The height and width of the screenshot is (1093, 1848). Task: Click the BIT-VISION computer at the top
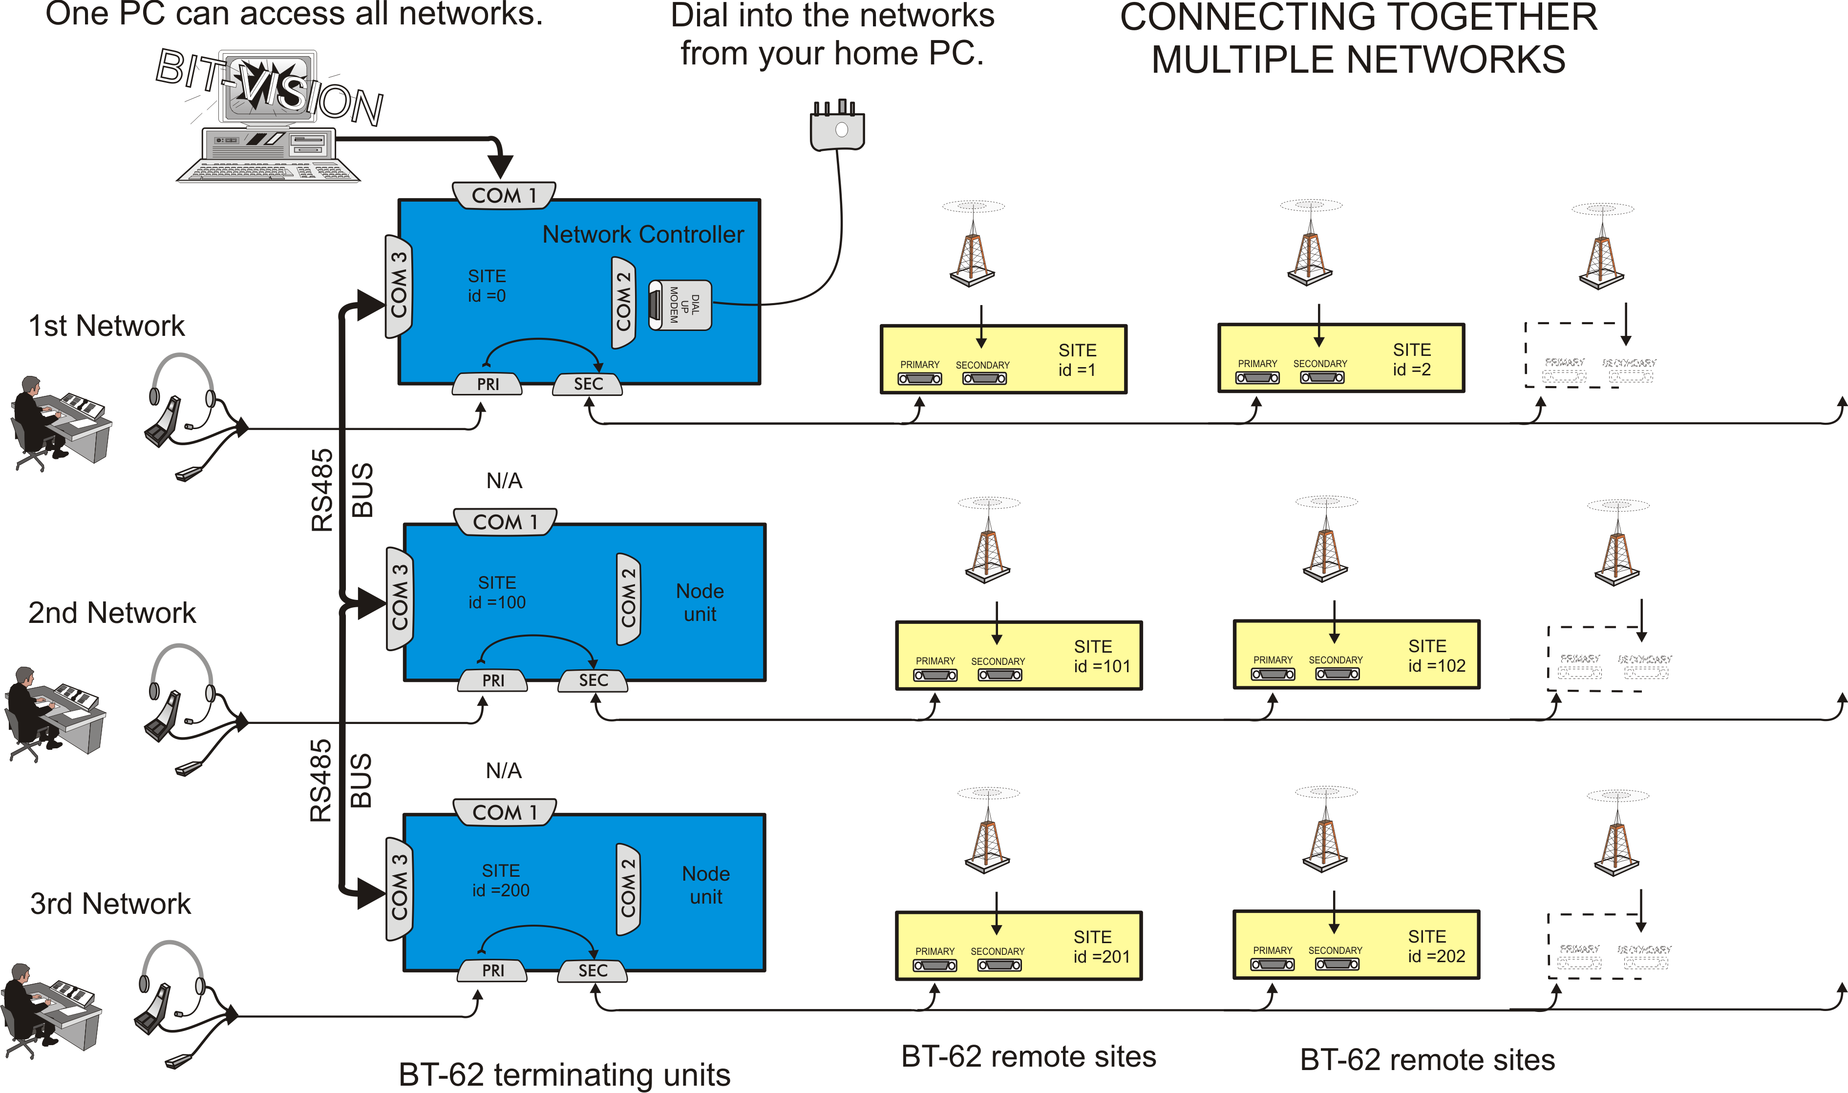(269, 118)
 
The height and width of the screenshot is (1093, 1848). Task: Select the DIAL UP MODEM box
(680, 305)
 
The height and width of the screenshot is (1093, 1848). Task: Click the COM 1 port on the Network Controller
(504, 196)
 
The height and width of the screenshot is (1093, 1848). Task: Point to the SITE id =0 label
(487, 286)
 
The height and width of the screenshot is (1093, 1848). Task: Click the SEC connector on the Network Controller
(588, 384)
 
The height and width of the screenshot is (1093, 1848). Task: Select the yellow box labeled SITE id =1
(1003, 359)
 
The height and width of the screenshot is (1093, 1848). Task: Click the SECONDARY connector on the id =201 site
(999, 964)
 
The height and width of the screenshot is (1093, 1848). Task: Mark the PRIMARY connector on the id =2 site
(1257, 377)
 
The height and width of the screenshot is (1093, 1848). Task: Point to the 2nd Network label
(112, 613)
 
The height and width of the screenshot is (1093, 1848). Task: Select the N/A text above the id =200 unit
(504, 770)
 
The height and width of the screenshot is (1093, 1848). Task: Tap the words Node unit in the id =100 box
(700, 602)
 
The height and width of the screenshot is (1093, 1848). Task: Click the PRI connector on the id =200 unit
(493, 970)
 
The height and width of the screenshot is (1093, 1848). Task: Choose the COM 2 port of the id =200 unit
(628, 888)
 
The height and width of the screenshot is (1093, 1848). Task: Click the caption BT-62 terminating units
(564, 1074)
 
